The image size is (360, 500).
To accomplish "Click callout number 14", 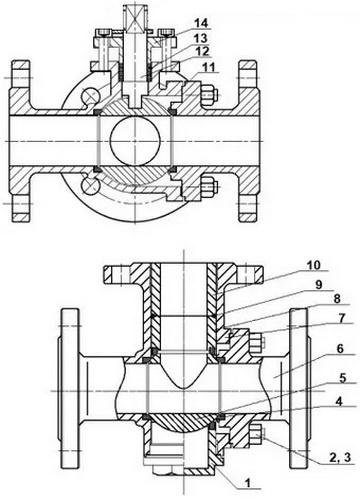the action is [x=201, y=23].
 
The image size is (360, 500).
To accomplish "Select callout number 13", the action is [x=201, y=38].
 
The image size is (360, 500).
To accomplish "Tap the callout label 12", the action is [x=202, y=51].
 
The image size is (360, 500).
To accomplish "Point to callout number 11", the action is [x=209, y=67].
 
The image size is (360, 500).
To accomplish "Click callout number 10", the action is [x=314, y=266].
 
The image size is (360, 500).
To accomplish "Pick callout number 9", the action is [x=319, y=284].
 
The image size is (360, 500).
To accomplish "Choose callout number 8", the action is [x=337, y=299].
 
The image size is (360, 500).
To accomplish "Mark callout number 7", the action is [x=340, y=318].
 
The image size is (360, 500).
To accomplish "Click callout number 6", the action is [x=340, y=349].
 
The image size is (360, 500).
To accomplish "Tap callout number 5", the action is [x=343, y=378].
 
